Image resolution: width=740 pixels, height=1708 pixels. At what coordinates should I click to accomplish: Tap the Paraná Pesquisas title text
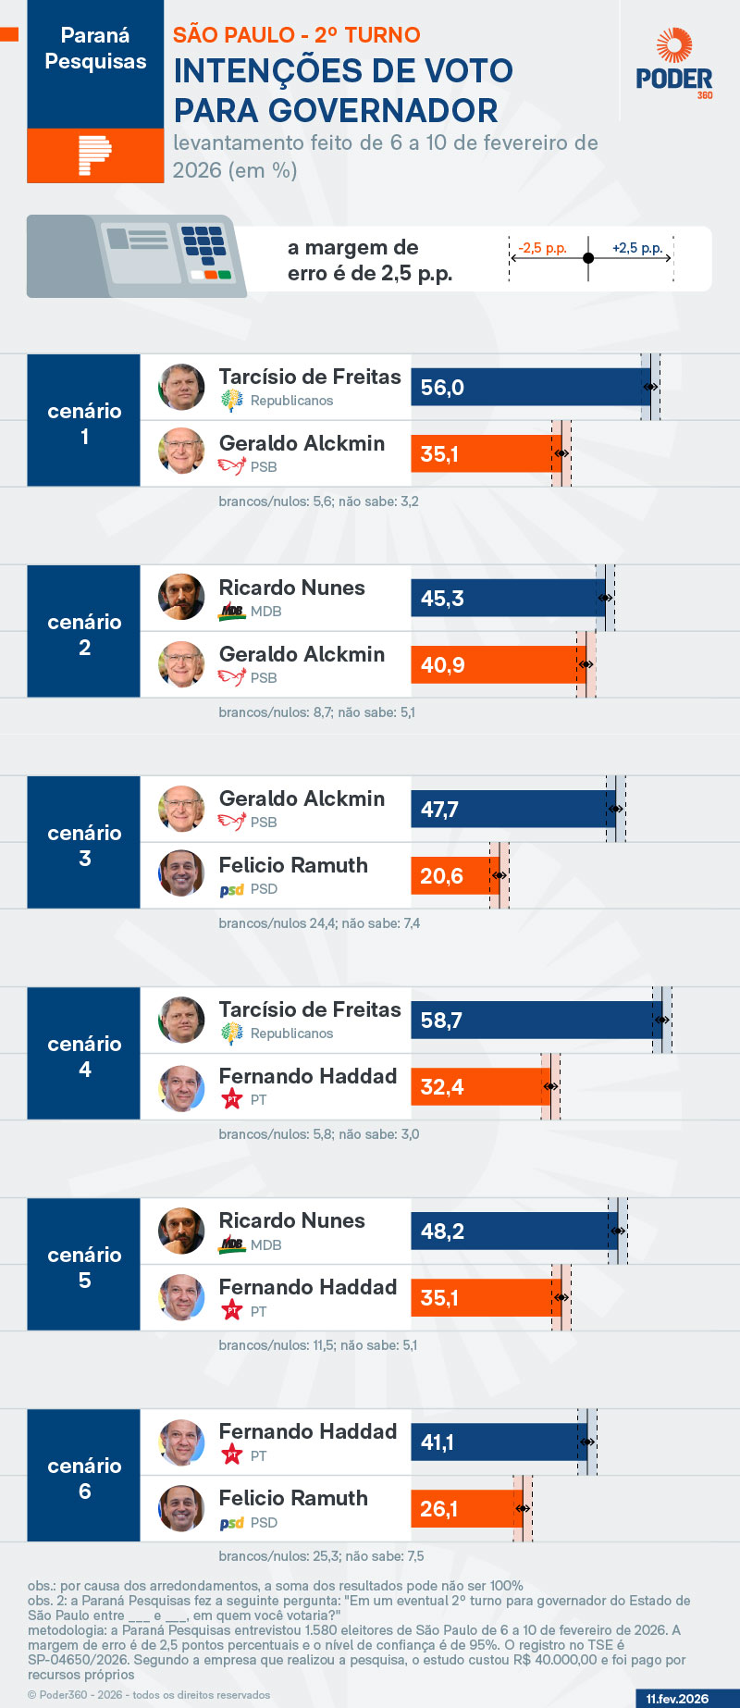point(95,48)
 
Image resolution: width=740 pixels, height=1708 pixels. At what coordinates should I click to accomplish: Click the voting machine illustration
point(137,255)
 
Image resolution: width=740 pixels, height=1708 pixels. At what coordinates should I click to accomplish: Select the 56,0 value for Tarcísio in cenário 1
point(442,388)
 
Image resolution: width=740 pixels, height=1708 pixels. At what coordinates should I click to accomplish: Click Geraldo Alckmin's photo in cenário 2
point(181,664)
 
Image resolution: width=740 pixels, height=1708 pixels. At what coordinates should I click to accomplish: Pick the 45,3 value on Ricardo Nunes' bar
point(442,599)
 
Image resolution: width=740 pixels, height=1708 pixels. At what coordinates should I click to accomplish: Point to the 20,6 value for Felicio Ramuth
point(441,876)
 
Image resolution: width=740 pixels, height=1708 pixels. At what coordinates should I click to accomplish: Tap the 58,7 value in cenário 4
point(441,1021)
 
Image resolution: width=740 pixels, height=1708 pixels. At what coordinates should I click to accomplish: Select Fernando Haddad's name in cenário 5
point(307,1287)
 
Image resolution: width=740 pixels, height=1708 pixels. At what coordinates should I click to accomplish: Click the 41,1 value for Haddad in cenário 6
point(438,1442)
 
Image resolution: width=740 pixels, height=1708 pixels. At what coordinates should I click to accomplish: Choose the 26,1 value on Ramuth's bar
point(439,1509)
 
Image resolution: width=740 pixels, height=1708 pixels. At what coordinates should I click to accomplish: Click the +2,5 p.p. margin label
point(637,248)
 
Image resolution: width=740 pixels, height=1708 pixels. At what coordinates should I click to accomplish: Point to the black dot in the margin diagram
point(588,258)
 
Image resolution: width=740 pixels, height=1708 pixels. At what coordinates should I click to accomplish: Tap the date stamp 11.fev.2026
point(677,1699)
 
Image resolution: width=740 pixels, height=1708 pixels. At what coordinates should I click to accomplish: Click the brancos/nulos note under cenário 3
point(319,923)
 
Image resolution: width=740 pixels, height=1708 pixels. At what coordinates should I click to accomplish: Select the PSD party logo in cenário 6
point(231,1523)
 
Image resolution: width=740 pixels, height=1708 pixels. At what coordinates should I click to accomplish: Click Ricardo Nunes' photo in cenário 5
point(181,1231)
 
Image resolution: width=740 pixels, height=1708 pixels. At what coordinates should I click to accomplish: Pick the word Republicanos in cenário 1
point(291,401)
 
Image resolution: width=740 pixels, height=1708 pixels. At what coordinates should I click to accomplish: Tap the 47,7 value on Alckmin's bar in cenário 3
point(439,810)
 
